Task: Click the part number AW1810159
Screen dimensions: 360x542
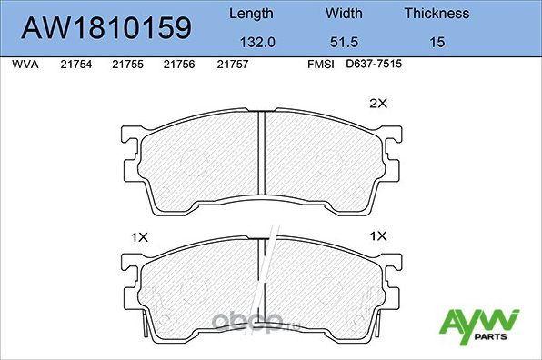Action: pos(105,27)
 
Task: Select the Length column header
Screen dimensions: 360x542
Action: pos(249,14)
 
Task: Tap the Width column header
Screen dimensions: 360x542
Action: pos(343,14)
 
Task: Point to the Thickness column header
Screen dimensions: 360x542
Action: pos(437,14)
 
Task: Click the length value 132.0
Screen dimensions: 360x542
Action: pos(249,41)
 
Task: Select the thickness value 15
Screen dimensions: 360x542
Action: pos(437,41)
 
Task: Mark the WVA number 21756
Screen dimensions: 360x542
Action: pos(178,65)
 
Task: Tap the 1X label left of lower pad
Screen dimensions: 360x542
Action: pos(138,236)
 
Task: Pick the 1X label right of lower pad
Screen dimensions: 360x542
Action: pos(377,236)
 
